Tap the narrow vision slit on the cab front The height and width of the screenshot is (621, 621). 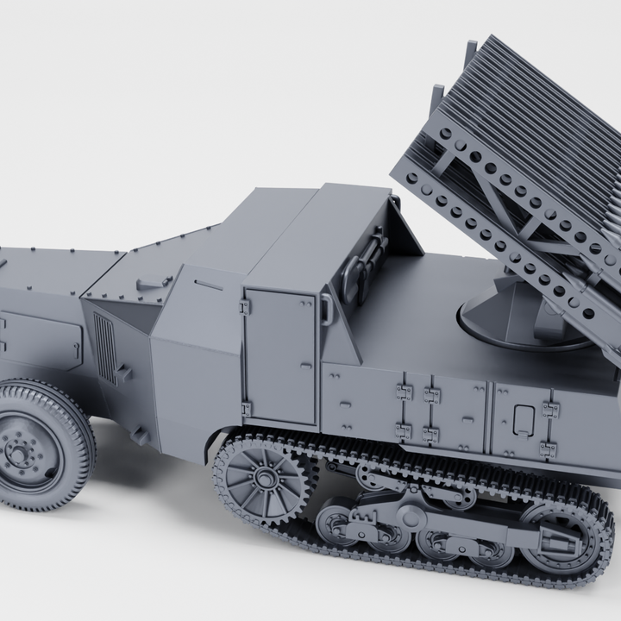208,282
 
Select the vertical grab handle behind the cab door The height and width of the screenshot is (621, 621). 327,308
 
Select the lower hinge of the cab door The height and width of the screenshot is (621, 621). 247,408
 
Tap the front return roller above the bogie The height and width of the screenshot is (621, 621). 371,477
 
